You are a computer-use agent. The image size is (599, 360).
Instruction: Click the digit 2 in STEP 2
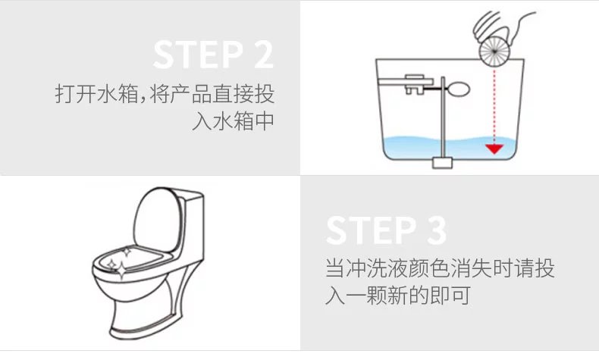pyautogui.click(x=264, y=55)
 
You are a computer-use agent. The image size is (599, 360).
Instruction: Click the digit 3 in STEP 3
pyautogui.click(x=437, y=230)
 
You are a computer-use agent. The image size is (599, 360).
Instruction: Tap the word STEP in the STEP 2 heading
pyautogui.click(x=198, y=55)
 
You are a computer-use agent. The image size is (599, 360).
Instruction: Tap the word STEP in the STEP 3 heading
pyautogui.click(x=372, y=230)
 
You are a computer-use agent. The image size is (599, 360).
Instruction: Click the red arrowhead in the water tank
pyautogui.click(x=494, y=149)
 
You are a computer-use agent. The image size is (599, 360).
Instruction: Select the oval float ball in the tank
pyautogui.click(x=458, y=89)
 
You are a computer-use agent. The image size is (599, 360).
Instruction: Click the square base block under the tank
pyautogui.click(x=442, y=163)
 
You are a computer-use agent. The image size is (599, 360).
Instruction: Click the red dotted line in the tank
pyautogui.click(x=494, y=106)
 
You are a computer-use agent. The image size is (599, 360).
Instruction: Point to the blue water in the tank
pyautogui.click(x=451, y=148)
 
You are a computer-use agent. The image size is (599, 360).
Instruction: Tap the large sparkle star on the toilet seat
pyautogui.click(x=121, y=271)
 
